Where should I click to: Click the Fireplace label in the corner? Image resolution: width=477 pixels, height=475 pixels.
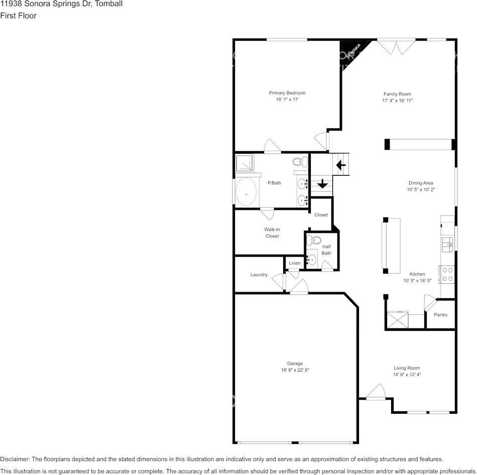tap(353, 51)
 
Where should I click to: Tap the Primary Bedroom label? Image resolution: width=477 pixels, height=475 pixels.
tap(287, 93)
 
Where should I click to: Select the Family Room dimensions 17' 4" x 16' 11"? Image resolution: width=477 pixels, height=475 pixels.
tap(397, 100)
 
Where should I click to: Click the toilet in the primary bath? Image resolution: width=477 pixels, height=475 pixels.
tap(300, 161)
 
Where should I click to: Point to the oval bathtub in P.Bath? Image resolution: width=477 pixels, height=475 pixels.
tap(246, 192)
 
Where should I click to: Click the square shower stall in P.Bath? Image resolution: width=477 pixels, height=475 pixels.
tap(245, 163)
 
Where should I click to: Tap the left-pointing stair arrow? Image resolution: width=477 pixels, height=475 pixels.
tap(341, 165)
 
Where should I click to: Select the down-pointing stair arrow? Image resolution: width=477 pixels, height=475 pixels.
tap(322, 183)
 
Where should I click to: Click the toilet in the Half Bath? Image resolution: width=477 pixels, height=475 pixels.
tap(314, 241)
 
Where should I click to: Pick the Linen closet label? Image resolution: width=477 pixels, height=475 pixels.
tap(294, 263)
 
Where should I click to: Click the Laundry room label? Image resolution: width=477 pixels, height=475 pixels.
tap(259, 275)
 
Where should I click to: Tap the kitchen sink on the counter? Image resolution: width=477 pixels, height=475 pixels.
tap(447, 245)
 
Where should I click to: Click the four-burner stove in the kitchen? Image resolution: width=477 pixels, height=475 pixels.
tap(447, 275)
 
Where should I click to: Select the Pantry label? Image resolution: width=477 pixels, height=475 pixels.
tap(440, 315)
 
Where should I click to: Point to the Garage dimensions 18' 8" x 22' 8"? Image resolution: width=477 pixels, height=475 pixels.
tap(295, 370)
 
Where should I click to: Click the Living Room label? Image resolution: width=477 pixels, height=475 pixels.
tap(407, 368)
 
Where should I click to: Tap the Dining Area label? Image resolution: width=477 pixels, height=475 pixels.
tap(421, 183)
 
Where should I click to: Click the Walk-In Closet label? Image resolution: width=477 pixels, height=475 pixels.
tap(272, 232)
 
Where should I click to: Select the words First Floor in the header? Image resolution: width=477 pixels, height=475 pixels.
tap(18, 16)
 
